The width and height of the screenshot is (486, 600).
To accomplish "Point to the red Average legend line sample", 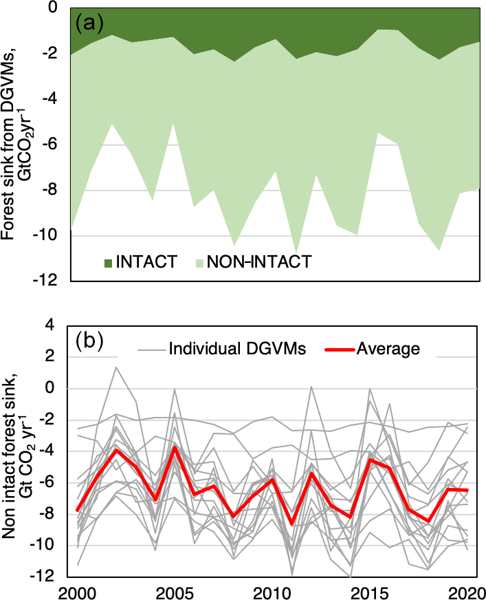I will (x=337, y=348).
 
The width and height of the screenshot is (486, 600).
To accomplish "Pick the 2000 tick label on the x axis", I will (x=71, y=591).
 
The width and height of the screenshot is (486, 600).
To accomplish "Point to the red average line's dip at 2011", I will (x=292, y=524).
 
